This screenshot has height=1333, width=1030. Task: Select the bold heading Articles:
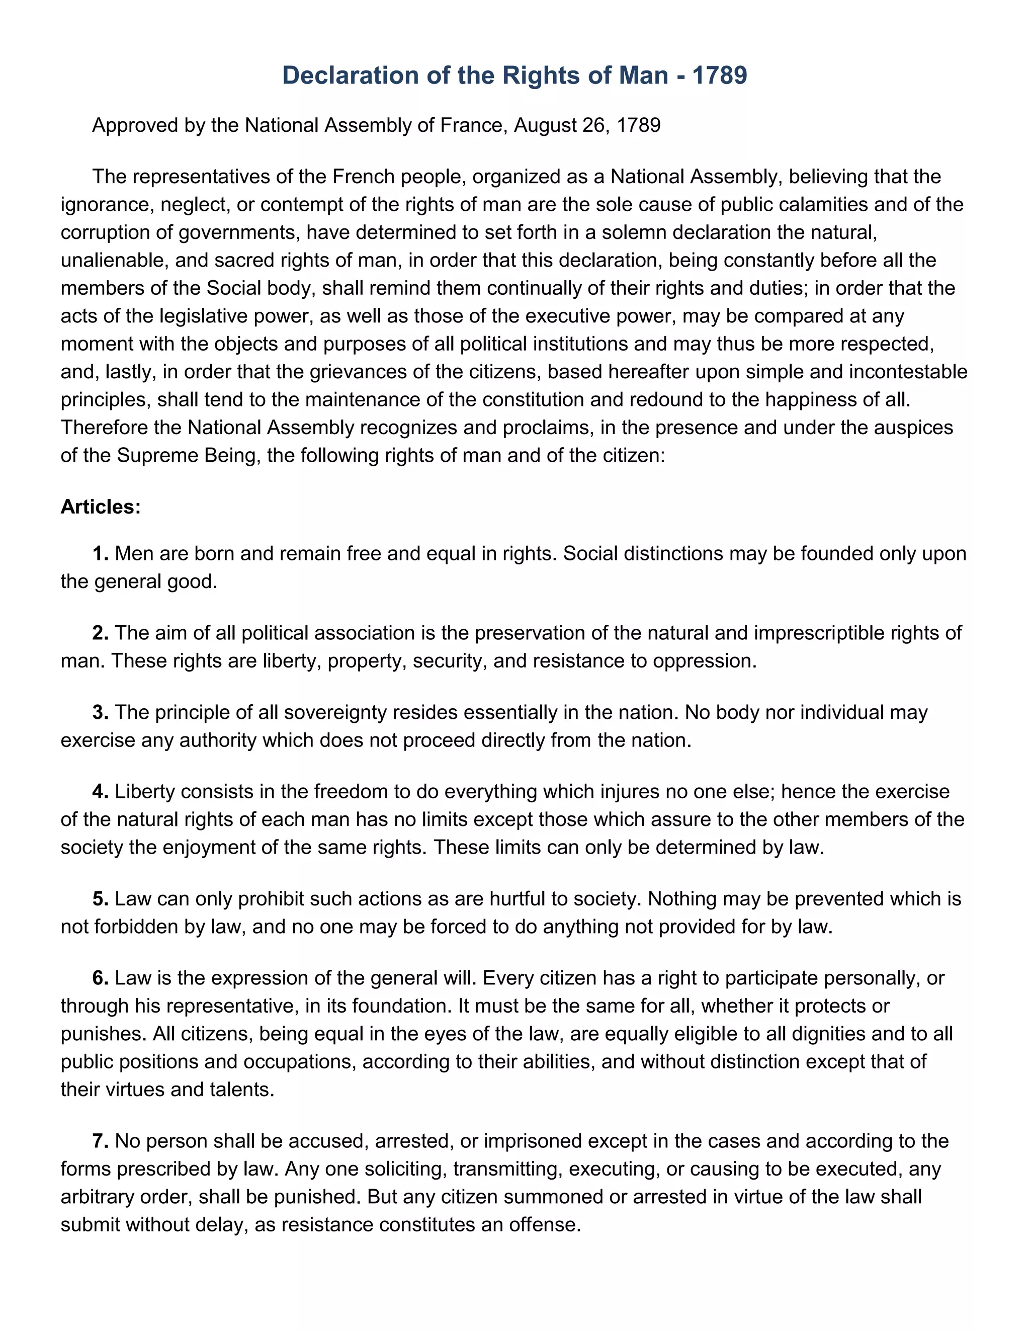point(101,507)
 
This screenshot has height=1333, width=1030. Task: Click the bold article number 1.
point(100,554)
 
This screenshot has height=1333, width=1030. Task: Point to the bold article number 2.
point(100,633)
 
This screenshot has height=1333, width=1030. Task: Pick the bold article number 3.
point(100,712)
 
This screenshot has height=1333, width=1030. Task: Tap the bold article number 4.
point(100,792)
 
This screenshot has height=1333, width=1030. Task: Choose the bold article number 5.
point(100,899)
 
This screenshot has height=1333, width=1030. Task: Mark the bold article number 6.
point(100,978)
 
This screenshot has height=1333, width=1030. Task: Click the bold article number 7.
point(100,1141)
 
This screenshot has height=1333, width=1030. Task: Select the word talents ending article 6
point(243,1090)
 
